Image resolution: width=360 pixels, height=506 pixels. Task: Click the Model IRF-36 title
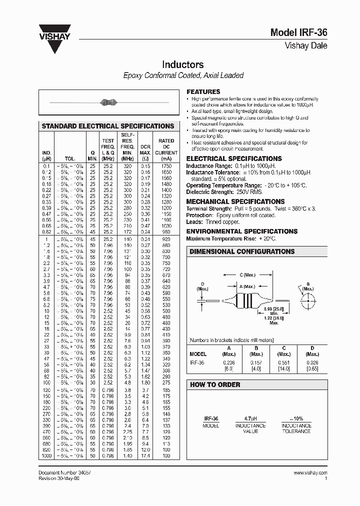[x=298, y=33]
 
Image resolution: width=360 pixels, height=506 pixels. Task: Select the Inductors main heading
[x=182, y=65]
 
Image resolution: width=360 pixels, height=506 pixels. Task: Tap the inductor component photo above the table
[x=108, y=102]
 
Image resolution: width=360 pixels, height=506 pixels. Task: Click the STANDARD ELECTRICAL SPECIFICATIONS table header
[x=108, y=126]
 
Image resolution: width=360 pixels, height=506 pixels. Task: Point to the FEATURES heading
[x=203, y=92]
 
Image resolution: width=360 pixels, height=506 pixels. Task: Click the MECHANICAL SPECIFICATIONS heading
[x=235, y=201]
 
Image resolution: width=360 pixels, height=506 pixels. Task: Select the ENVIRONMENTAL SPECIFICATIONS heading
[x=241, y=231]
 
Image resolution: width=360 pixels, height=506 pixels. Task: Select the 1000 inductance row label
[x=46, y=456]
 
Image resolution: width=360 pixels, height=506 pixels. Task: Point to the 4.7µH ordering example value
[x=250, y=419]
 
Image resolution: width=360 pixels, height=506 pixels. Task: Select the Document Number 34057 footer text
[x=64, y=472]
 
